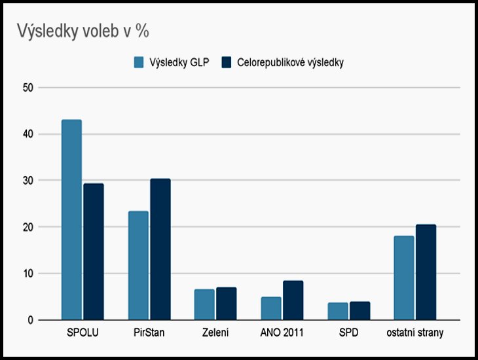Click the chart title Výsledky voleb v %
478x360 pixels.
pos(83,31)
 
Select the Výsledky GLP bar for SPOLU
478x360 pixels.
pos(71,220)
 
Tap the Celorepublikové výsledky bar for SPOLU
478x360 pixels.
pos(94,251)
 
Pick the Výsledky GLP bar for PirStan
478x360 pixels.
pos(138,265)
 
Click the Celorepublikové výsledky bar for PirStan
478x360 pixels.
pos(160,249)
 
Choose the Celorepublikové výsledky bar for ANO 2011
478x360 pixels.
pos(293,300)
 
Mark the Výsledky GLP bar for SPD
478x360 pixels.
pos(337,311)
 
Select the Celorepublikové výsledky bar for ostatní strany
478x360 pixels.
pos(426,272)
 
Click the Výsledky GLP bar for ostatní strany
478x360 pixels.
pos(403,278)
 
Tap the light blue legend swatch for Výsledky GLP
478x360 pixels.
pos(139,63)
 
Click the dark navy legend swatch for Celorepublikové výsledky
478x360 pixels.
pos(227,63)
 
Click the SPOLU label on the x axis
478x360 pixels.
pos(83,333)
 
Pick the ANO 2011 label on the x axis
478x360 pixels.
pos(282,333)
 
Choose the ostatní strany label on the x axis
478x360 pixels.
pos(414,333)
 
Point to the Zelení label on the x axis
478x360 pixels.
pos(215,333)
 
